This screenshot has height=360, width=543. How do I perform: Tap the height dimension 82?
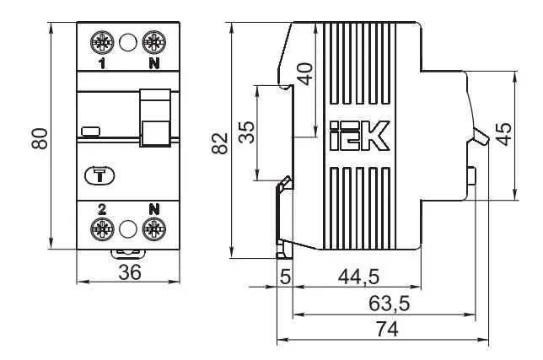(218, 142)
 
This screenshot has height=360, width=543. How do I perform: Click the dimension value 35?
(246, 132)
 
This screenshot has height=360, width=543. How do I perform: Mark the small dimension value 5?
(285, 277)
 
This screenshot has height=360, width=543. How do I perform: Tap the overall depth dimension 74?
(387, 330)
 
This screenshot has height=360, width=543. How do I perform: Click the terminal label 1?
(102, 62)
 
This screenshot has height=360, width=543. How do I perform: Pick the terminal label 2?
(102, 207)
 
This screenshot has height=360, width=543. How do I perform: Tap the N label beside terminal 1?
(153, 62)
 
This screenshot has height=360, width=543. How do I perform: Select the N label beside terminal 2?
(153, 207)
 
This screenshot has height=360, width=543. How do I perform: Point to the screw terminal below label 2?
(103, 228)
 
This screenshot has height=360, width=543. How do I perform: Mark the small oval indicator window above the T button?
(89, 132)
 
